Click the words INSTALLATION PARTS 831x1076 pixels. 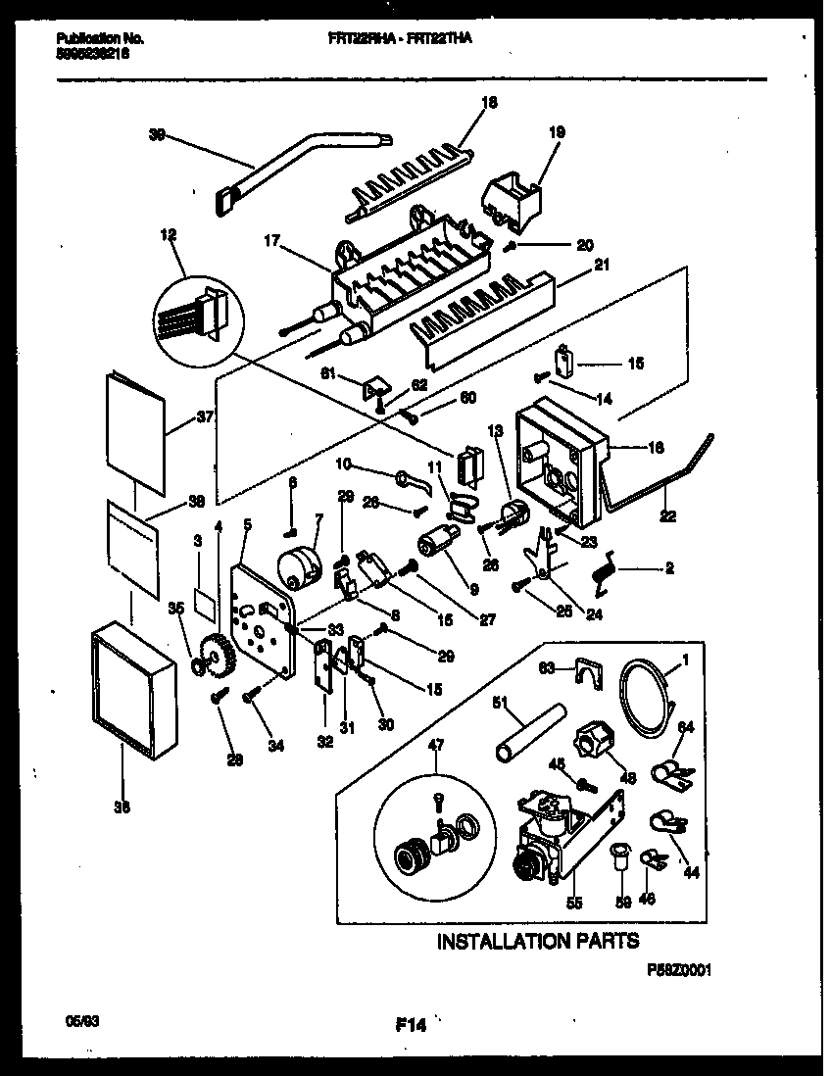click(x=537, y=941)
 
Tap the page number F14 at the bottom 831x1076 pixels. click(x=412, y=1026)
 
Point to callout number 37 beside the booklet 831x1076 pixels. click(x=204, y=416)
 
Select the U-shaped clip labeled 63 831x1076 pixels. click(x=586, y=672)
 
